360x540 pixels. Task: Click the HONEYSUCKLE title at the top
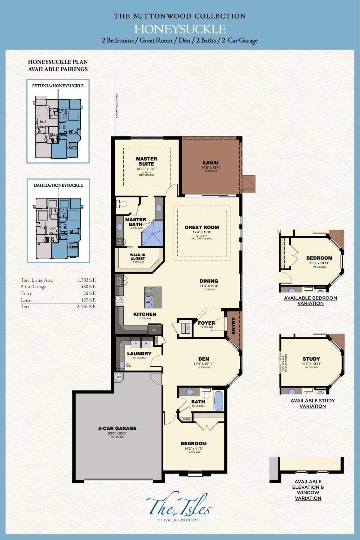(x=180, y=29)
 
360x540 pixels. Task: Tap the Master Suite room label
(x=146, y=161)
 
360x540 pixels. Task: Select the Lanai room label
(x=211, y=163)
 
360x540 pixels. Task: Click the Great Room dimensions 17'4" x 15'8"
(x=202, y=232)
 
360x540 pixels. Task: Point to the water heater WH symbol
(x=119, y=377)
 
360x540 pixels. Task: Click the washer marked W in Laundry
(x=136, y=343)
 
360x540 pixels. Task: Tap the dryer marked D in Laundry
(x=146, y=343)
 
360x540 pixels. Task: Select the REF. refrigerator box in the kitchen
(x=154, y=330)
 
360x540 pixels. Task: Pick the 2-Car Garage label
(x=117, y=428)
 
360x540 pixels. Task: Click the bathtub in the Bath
(x=219, y=401)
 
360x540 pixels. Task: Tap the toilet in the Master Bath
(x=122, y=204)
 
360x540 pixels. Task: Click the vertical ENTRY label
(x=234, y=326)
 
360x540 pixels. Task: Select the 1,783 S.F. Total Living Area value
(x=86, y=280)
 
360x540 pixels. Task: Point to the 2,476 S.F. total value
(x=86, y=307)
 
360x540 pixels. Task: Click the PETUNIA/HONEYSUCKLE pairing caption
(x=58, y=86)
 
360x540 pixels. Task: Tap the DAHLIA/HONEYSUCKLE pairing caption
(x=58, y=185)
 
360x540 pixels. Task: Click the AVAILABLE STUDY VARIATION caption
(x=313, y=403)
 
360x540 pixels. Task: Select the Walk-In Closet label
(x=138, y=257)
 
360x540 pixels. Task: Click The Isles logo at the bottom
(x=179, y=506)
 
